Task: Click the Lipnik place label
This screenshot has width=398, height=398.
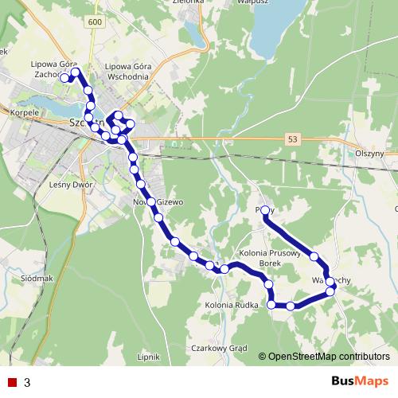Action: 149,357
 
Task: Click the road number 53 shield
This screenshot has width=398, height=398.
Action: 295,139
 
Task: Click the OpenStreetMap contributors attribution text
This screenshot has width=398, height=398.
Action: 329,356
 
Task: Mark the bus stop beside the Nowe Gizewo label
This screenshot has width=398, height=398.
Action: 151,202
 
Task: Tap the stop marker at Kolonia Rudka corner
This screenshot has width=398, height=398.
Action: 271,304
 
